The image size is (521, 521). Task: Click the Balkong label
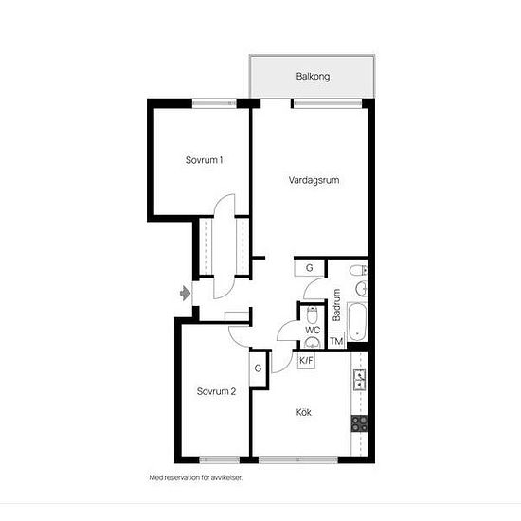click(x=313, y=77)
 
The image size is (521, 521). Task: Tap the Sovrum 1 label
click(x=204, y=160)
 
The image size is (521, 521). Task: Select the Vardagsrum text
click(x=314, y=180)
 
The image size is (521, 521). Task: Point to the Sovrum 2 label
click(x=216, y=391)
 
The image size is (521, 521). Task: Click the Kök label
click(x=304, y=412)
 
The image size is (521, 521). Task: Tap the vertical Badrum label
click(x=336, y=305)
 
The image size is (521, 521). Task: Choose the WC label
click(x=313, y=331)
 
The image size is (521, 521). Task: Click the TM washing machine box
click(x=336, y=341)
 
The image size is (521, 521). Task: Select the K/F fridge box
click(x=306, y=361)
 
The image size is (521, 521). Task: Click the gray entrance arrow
click(x=185, y=294)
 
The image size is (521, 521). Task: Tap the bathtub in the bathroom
click(x=357, y=322)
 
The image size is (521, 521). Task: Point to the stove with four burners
click(x=360, y=423)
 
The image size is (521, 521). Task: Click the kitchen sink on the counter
click(x=360, y=380)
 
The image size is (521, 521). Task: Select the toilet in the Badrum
click(x=358, y=271)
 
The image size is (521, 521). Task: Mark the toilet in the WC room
click(x=312, y=315)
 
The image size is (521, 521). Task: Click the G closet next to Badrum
click(x=310, y=268)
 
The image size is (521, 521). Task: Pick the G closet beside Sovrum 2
click(x=258, y=368)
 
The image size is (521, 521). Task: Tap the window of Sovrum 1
click(x=214, y=103)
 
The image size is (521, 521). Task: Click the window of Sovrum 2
click(x=220, y=459)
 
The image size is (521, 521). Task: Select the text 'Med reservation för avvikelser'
click(x=196, y=477)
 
